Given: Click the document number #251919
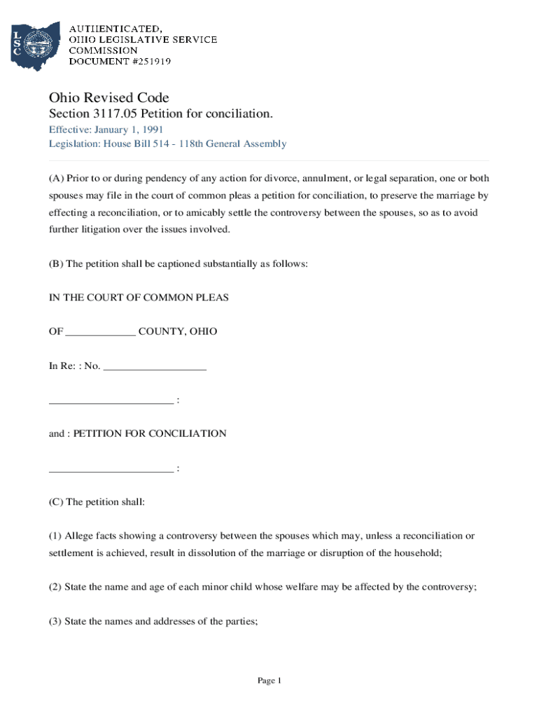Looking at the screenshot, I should click(147, 62).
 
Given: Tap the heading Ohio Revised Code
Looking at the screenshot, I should click(108, 97).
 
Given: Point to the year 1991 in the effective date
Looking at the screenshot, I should click(153, 130).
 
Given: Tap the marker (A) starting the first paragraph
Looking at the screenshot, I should click(56, 179).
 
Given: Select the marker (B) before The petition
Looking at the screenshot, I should click(56, 264).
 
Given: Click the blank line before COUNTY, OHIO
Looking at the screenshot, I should click(100, 332).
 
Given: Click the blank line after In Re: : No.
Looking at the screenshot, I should click(155, 366).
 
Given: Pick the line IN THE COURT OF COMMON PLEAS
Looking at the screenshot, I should click(139, 298).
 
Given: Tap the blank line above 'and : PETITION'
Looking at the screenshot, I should click(111, 401).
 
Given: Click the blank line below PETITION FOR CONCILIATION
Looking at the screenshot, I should click(111, 468).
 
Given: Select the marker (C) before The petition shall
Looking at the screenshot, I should click(56, 502).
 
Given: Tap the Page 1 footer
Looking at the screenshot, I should click(269, 681).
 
